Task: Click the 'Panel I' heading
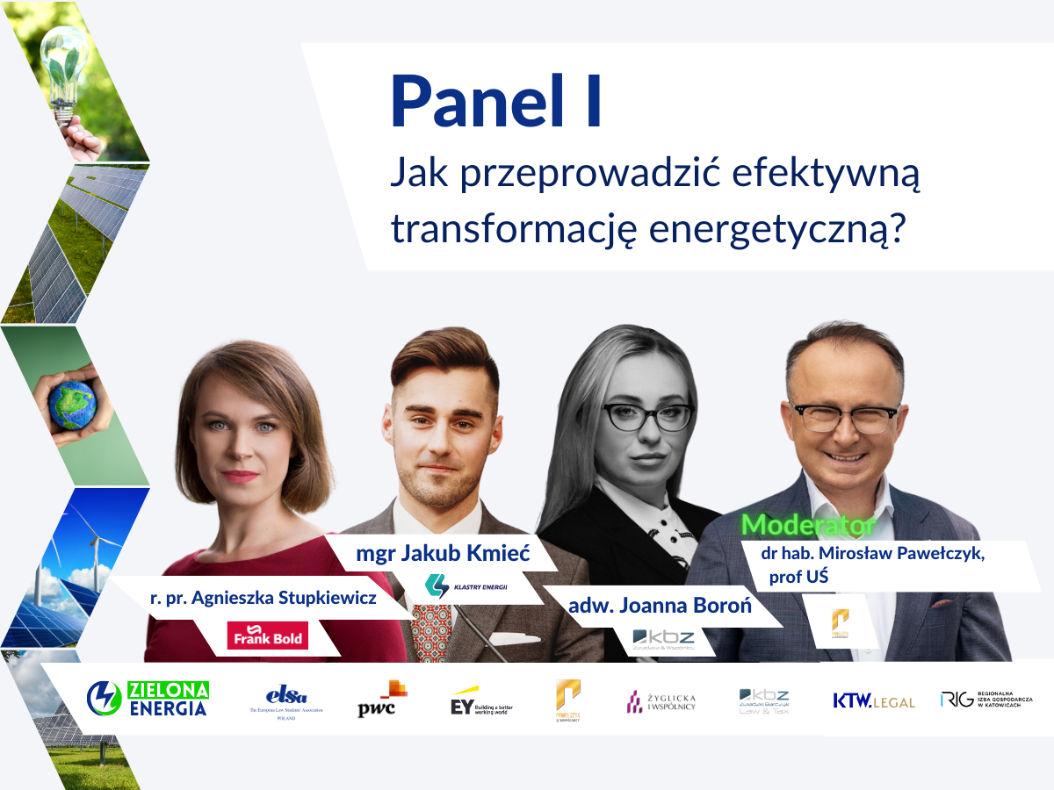click(497, 102)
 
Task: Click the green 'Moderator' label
click(808, 525)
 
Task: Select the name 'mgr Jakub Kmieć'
click(444, 554)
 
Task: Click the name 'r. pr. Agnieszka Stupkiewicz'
click(263, 599)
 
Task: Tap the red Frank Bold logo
click(267, 636)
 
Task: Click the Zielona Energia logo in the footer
click(148, 698)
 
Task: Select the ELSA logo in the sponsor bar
click(286, 700)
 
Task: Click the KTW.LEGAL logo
click(873, 700)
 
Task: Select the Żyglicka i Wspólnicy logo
click(661, 700)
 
